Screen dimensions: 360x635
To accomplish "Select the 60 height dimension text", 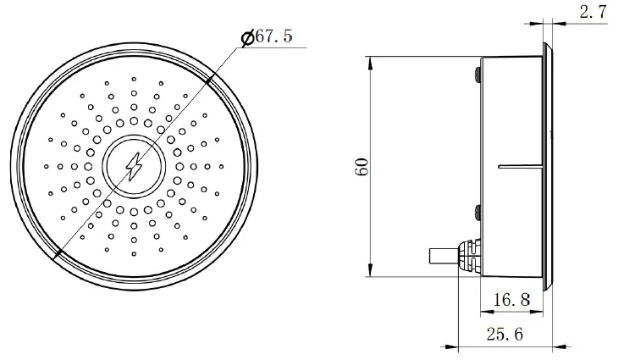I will pos(362,166).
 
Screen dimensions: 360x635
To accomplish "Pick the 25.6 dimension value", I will pos(505,334).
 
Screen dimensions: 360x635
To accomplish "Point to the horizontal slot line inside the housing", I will pos(519,166).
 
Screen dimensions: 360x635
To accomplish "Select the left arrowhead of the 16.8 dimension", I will pos(485,309).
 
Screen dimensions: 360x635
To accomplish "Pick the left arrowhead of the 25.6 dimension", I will pos(461,346).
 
